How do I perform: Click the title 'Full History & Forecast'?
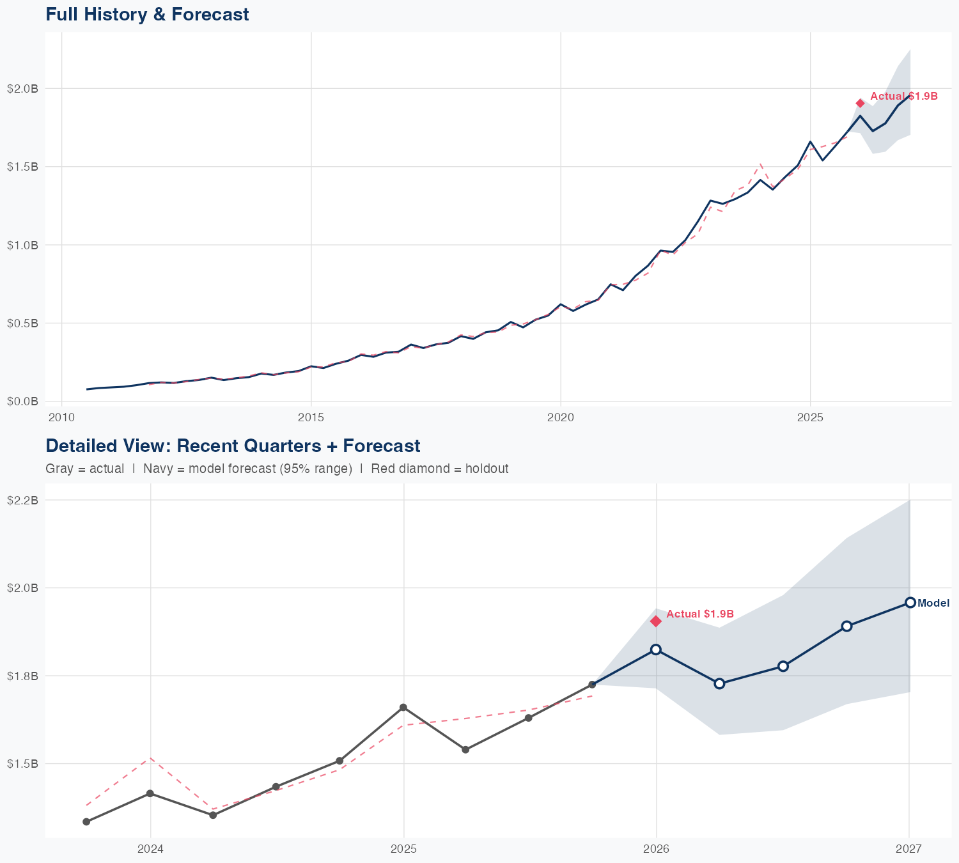(147, 14)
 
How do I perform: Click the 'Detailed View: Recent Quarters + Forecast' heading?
(233, 446)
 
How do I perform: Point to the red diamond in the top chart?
(861, 104)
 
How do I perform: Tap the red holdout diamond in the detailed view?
(656, 621)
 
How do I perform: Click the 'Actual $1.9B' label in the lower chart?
(700, 614)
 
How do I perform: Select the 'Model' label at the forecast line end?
(933, 603)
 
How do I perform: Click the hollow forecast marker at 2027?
(910, 603)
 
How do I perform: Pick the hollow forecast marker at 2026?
(656, 649)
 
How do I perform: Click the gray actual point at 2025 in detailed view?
(403, 707)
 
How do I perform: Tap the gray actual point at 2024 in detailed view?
(150, 793)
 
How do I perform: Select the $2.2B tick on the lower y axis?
(22, 500)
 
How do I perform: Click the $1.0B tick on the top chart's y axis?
(22, 245)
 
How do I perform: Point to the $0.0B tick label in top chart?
(22, 401)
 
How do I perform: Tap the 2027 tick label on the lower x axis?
(908, 849)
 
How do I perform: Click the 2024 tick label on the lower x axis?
(151, 849)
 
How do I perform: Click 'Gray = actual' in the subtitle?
(85, 469)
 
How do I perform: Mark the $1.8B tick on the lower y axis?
(22, 676)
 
